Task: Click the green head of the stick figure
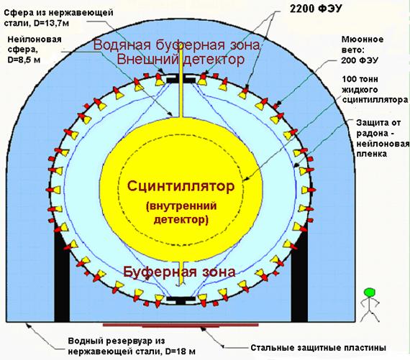(x=370, y=292)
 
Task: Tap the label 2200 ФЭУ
(x=316, y=9)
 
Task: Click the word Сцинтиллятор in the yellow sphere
(x=181, y=187)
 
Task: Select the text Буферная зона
(x=179, y=272)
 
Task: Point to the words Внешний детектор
(x=181, y=60)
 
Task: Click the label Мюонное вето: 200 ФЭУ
(x=362, y=50)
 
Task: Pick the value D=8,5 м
(x=24, y=60)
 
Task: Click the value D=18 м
(x=181, y=351)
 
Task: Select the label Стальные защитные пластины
(x=318, y=348)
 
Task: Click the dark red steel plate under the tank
(x=181, y=326)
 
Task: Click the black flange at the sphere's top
(x=181, y=80)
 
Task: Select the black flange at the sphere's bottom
(x=181, y=300)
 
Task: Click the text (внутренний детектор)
(x=181, y=213)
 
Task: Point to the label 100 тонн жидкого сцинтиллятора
(x=375, y=89)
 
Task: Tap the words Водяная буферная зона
(x=177, y=45)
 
